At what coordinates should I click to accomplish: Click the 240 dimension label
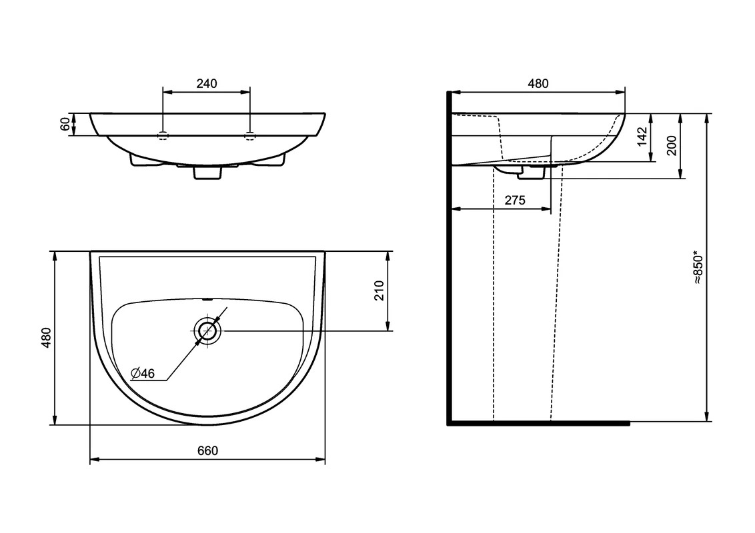pyautogui.click(x=207, y=83)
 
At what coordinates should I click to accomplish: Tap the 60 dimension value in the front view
pyautogui.click(x=65, y=124)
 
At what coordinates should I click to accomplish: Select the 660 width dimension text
pyautogui.click(x=207, y=451)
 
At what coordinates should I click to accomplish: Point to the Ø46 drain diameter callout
pyautogui.click(x=143, y=373)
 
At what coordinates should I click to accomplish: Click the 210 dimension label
pyautogui.click(x=379, y=290)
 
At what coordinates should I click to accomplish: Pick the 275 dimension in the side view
pyautogui.click(x=515, y=200)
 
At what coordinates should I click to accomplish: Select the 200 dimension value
pyautogui.click(x=671, y=145)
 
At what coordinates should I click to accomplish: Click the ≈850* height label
pyautogui.click(x=699, y=267)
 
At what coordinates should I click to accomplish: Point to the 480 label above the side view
pyautogui.click(x=538, y=83)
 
